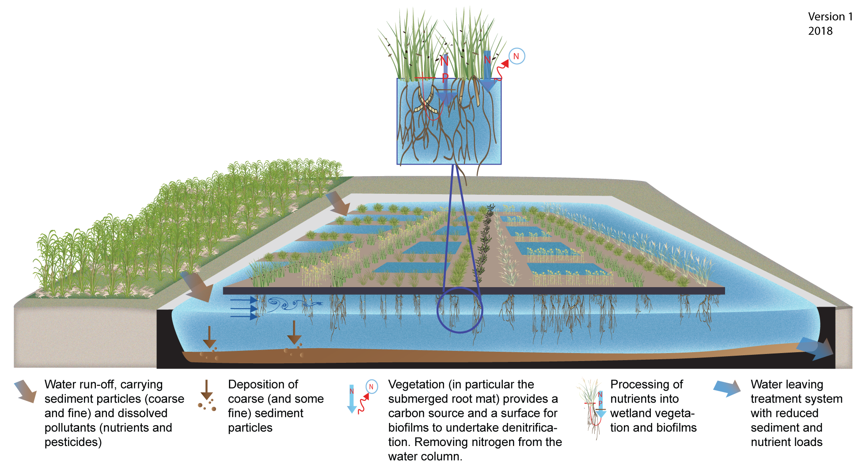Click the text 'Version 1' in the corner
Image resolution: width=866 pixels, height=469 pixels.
click(830, 17)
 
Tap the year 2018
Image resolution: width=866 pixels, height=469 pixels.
click(820, 31)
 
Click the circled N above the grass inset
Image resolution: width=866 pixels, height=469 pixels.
click(517, 56)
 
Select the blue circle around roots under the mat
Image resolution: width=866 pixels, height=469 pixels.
click(460, 310)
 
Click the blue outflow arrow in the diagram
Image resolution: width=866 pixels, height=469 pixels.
click(815, 348)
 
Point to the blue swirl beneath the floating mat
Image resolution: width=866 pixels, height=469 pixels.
click(294, 304)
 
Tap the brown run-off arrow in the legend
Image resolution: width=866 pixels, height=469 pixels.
click(26, 391)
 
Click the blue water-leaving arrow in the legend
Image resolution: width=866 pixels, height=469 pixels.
click(726, 388)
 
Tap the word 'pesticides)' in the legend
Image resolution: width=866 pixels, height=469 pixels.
click(73, 442)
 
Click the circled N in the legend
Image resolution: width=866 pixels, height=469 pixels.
click(372, 386)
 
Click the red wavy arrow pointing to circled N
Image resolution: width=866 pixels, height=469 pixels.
click(501, 70)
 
